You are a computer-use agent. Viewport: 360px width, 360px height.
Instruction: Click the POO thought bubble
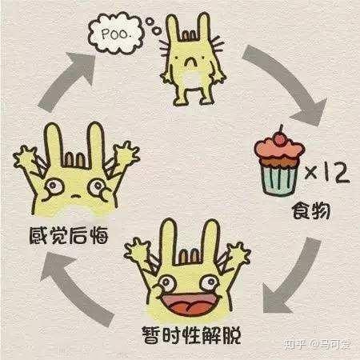[116, 34]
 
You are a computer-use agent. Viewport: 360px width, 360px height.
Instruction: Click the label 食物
[311, 211]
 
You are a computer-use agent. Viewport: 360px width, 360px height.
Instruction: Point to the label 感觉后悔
[69, 235]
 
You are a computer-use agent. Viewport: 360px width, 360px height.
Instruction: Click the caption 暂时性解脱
[191, 335]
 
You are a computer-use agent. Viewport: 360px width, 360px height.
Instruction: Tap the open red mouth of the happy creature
[191, 303]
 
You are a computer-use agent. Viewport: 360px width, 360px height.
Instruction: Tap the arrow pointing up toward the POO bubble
[62, 80]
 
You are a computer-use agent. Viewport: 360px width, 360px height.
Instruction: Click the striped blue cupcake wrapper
[280, 178]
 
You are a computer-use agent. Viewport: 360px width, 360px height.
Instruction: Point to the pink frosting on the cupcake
[279, 150]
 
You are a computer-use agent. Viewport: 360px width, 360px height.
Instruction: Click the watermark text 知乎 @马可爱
[317, 344]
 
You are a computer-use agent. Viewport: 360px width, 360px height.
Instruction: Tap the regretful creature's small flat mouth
[76, 196]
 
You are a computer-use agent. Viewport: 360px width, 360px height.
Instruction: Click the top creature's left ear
[173, 26]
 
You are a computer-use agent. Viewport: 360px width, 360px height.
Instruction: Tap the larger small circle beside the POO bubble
[156, 30]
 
